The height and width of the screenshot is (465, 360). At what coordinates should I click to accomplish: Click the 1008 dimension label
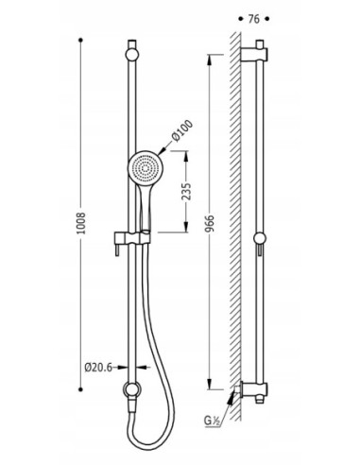(81, 223)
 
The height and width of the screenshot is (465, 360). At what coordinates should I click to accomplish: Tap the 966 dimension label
(210, 223)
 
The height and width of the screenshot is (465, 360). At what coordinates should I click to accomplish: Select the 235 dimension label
(187, 191)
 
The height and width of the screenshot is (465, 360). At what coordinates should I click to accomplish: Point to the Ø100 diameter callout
(182, 131)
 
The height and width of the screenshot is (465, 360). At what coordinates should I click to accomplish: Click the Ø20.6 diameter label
(98, 368)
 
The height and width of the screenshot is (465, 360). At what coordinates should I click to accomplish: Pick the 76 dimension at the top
(254, 19)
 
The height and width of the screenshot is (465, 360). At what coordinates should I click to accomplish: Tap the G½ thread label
(211, 421)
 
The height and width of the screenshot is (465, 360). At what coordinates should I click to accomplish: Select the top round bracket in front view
(132, 55)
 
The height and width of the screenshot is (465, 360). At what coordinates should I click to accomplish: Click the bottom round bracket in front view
(132, 389)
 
